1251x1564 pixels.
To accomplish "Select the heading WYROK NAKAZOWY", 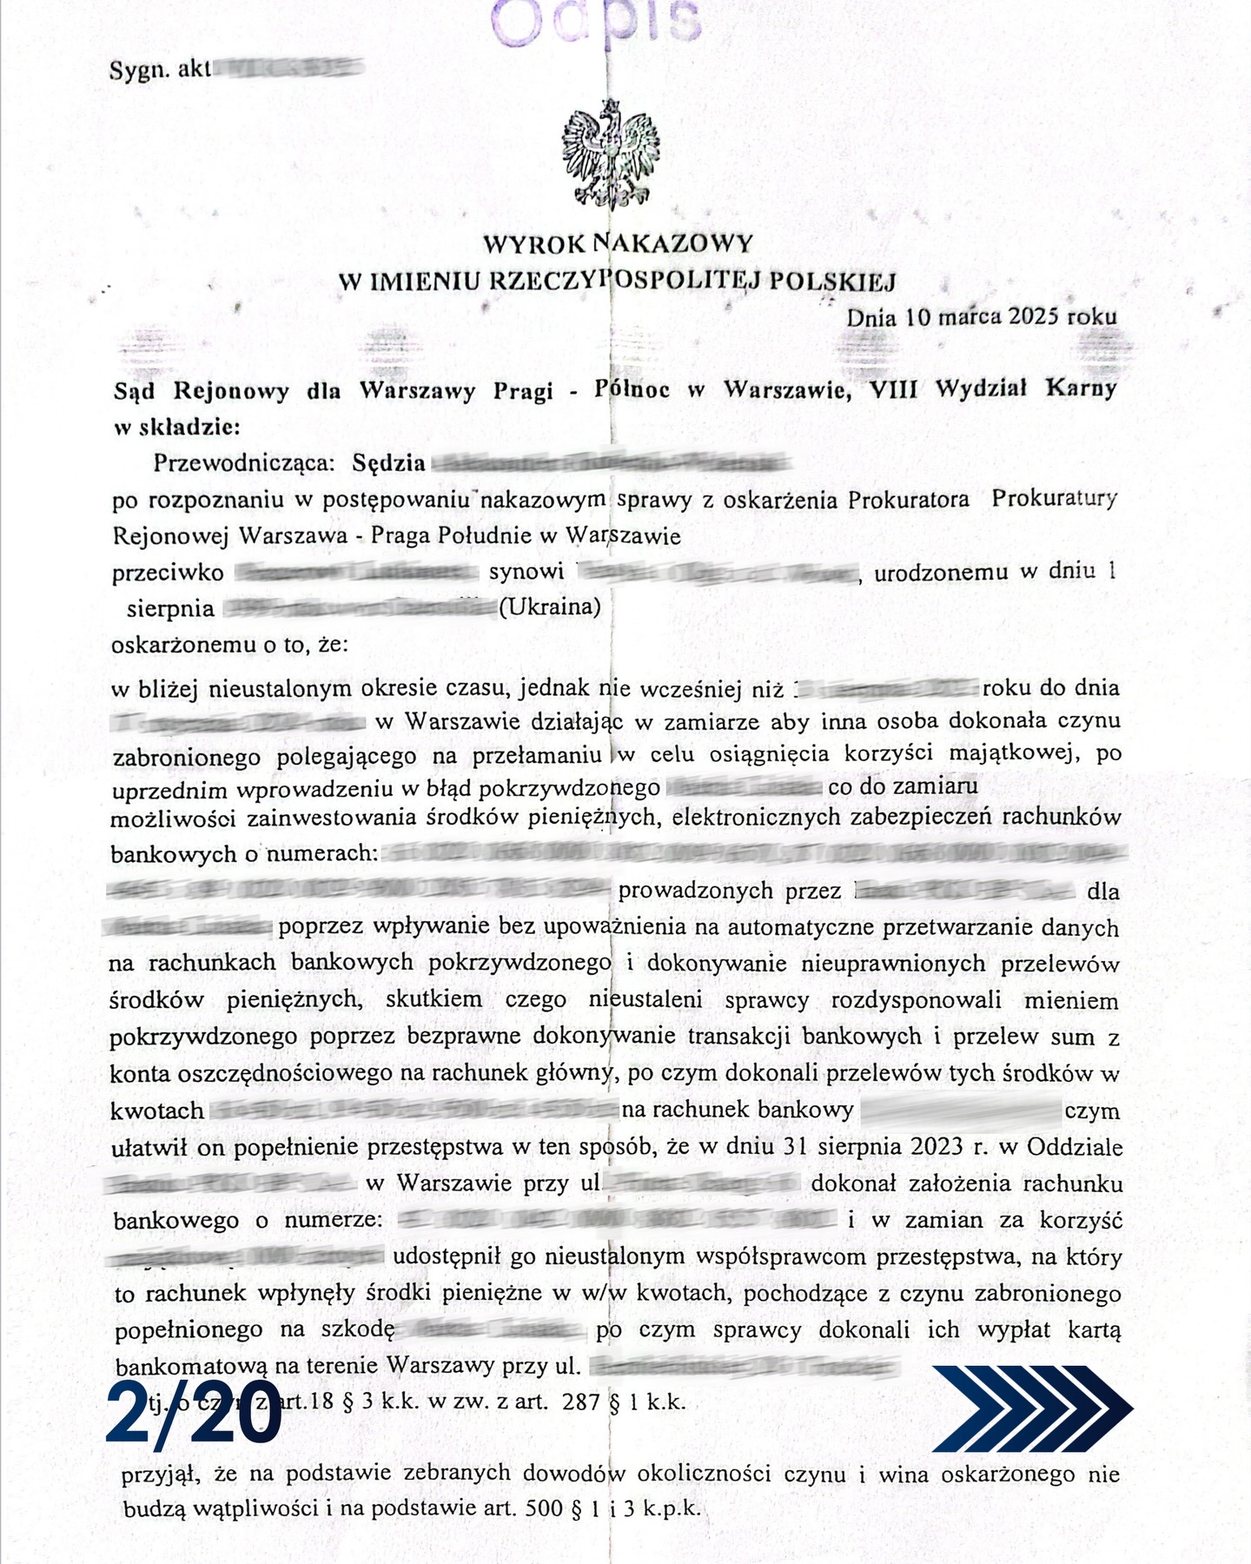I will [x=618, y=242].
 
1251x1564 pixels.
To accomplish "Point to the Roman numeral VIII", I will [x=894, y=389].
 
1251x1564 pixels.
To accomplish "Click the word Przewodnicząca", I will [x=243, y=462].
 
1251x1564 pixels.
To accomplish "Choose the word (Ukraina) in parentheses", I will [x=549, y=606].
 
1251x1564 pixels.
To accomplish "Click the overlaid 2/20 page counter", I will [x=195, y=1415].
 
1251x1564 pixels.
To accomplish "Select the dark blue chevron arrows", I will [x=1032, y=1408].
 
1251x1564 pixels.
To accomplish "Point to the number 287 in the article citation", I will [x=581, y=1402].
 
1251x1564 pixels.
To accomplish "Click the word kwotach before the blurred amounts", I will [x=157, y=1111].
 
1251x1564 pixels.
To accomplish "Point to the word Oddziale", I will [x=1074, y=1147].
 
